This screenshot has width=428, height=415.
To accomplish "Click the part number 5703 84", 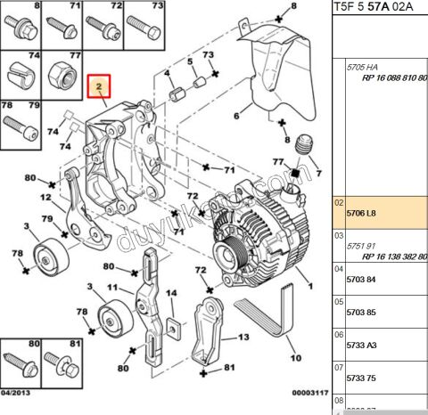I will (362, 279).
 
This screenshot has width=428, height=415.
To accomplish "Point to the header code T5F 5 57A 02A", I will (378, 8).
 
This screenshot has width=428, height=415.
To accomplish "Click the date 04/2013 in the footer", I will (16, 393).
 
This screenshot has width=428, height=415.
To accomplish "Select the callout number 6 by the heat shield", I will (236, 116).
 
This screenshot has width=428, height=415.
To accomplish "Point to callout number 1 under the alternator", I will (311, 286).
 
